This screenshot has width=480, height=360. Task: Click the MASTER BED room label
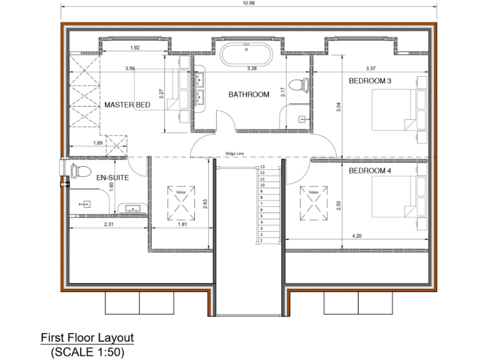point(127,105)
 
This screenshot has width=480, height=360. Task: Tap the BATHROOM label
point(248,94)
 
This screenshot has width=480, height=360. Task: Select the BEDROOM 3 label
point(370,81)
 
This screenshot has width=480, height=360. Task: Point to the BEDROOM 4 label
point(370,171)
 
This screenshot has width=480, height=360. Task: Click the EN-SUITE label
point(112,178)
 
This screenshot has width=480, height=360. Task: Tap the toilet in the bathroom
point(304,82)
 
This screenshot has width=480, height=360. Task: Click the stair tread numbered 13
point(262,167)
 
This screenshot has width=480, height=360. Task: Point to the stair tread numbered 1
point(262,241)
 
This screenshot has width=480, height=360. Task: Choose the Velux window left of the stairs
point(181,202)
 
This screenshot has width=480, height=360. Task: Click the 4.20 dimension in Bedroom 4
point(357,236)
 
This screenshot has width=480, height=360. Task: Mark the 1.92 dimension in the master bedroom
point(134,48)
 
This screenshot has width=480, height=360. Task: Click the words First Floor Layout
point(87,337)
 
